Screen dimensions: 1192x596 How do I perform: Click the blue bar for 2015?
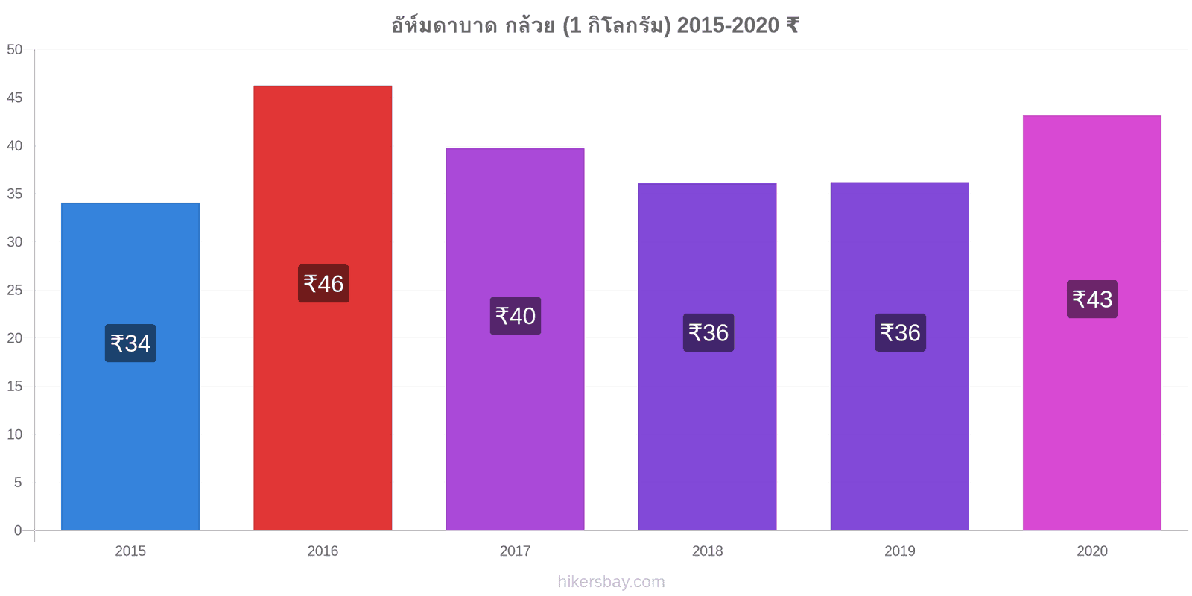click(x=130, y=366)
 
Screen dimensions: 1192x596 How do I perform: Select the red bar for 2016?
click(x=323, y=308)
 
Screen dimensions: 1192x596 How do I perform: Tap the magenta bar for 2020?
click(x=1092, y=323)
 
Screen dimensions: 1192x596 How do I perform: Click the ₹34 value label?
click(x=130, y=343)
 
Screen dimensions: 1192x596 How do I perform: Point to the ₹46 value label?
click(x=323, y=284)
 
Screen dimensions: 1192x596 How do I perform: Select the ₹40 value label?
click(x=516, y=316)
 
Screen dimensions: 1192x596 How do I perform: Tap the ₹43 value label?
click(x=1092, y=299)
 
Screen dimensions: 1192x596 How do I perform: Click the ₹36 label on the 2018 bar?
click(x=708, y=332)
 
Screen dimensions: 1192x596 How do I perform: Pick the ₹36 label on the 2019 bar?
click(x=901, y=332)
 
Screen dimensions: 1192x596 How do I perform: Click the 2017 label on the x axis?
click(x=515, y=551)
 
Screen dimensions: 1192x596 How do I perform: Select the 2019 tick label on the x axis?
click(x=900, y=551)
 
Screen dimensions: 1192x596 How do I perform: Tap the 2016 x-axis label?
click(x=323, y=551)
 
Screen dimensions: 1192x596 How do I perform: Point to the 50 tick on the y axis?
click(x=15, y=50)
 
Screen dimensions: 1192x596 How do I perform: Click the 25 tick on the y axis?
click(x=15, y=290)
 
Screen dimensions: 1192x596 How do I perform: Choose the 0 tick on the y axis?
click(x=18, y=530)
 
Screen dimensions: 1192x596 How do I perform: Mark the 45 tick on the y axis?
click(x=15, y=98)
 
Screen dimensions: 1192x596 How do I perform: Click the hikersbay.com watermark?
click(x=612, y=582)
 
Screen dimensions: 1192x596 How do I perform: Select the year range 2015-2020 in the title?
click(x=728, y=25)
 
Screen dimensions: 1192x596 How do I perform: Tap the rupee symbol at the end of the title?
click(x=793, y=25)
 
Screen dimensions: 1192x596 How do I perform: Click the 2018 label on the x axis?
click(x=707, y=551)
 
